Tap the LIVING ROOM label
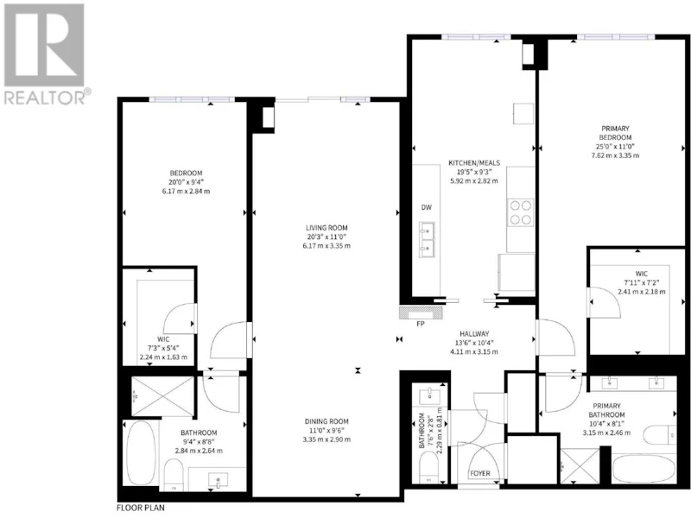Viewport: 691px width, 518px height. click(x=326, y=228)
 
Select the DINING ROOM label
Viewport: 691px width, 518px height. click(x=326, y=421)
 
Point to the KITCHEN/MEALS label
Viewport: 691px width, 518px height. click(x=474, y=163)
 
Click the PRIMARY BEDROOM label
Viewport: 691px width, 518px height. click(x=615, y=133)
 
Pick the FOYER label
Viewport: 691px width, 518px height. click(x=480, y=473)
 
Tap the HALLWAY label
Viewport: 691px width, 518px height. click(x=474, y=334)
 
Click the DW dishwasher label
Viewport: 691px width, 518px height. click(x=426, y=207)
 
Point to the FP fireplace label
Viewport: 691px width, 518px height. click(x=421, y=325)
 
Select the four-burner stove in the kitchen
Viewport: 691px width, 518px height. click(x=521, y=212)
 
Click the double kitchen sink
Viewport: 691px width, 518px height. click(x=427, y=240)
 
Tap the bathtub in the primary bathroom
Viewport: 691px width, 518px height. click(x=643, y=470)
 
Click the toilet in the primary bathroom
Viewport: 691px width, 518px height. click(x=659, y=435)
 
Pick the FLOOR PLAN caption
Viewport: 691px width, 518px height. click(x=141, y=508)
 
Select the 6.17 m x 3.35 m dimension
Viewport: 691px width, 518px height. click(x=326, y=246)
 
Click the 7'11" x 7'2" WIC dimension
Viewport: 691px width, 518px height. click(x=642, y=283)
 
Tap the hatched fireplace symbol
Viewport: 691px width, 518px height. click(x=421, y=313)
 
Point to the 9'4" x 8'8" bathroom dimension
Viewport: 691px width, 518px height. click(x=199, y=442)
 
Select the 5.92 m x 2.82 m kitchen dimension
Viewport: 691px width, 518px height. click(x=474, y=180)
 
